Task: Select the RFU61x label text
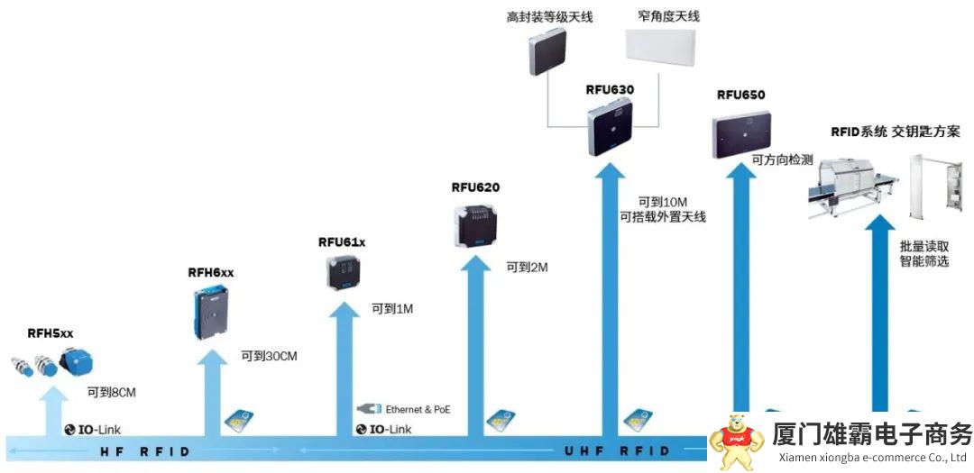pyautogui.click(x=341, y=242)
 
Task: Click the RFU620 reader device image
pyautogui.click(x=475, y=226)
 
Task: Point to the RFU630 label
pyautogui.click(x=610, y=90)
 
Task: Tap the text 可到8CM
pyautogui.click(x=111, y=392)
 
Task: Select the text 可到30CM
pyautogui.click(x=269, y=357)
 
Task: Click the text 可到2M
pyautogui.click(x=527, y=268)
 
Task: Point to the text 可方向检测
pyautogui.click(x=782, y=160)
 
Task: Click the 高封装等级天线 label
pyautogui.click(x=550, y=17)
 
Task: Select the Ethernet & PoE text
pyautogui.click(x=418, y=409)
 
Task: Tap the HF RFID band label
pyautogui.click(x=144, y=450)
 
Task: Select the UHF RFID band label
pyautogui.click(x=617, y=450)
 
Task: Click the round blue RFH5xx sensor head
pyautogui.click(x=71, y=361)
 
